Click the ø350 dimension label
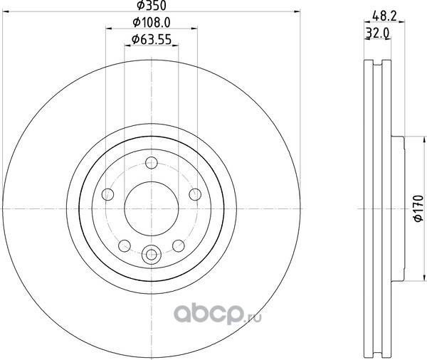click(x=152, y=6)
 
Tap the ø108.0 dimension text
click(x=152, y=22)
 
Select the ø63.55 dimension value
click(x=152, y=39)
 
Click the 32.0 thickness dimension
click(x=377, y=33)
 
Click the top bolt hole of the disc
click(x=152, y=163)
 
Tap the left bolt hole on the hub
click(x=107, y=194)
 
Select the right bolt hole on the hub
click(x=195, y=194)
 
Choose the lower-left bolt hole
click(x=125, y=246)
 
